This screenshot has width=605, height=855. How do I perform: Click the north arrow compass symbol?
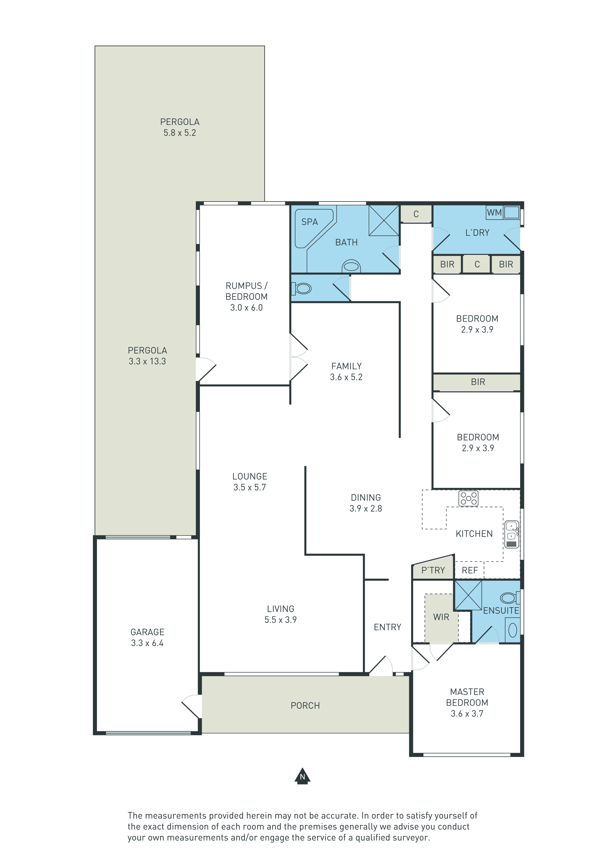click(x=302, y=776)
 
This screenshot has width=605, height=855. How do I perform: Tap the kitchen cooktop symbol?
click(x=469, y=498)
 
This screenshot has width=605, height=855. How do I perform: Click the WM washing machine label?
click(x=494, y=213)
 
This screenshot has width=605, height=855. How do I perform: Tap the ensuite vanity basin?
click(x=513, y=630)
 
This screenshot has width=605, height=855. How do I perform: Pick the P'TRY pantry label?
click(x=433, y=570)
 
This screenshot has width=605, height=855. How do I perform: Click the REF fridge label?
click(x=470, y=570)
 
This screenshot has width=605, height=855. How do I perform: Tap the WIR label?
click(x=441, y=617)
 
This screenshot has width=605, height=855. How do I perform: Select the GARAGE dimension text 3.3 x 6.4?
click(x=147, y=643)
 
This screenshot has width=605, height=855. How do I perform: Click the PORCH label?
click(x=305, y=706)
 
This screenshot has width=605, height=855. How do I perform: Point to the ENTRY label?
click(x=388, y=627)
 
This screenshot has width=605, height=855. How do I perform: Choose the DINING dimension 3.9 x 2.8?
click(x=366, y=508)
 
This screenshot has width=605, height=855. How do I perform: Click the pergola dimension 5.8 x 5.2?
click(x=180, y=133)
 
